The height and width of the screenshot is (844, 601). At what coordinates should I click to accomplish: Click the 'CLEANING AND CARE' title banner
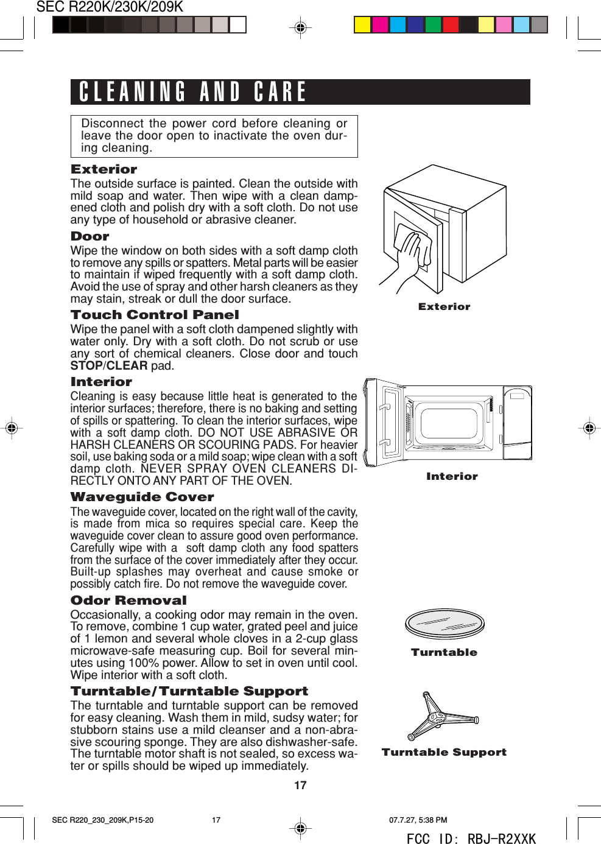point(300,92)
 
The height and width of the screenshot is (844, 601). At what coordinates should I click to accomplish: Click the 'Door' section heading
point(90,236)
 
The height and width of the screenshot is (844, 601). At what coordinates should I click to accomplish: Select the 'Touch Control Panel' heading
point(155,315)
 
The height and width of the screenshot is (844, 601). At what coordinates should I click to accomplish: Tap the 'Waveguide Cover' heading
point(142,497)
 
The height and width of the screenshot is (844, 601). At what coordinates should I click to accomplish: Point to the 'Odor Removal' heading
point(128,600)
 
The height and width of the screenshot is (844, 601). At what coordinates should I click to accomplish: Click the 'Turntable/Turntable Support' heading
point(189,691)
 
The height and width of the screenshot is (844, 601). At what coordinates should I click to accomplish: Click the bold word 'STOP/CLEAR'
point(108,366)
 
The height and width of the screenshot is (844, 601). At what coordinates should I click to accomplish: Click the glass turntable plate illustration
point(445,624)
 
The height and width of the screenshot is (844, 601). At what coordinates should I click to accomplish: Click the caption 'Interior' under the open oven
point(452,477)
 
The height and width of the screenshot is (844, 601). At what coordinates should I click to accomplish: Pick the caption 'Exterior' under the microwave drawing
point(444,307)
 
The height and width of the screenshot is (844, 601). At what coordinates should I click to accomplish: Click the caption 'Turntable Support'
point(444,753)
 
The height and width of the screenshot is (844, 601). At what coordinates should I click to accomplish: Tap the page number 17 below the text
point(300,786)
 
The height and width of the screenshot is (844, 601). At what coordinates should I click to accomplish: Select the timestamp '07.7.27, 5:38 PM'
point(418,820)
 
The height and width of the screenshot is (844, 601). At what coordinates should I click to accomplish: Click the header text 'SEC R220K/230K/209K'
point(110,7)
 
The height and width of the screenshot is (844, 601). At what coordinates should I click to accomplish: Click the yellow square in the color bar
point(362,24)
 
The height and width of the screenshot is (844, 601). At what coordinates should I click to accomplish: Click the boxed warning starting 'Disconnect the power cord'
point(214,136)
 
